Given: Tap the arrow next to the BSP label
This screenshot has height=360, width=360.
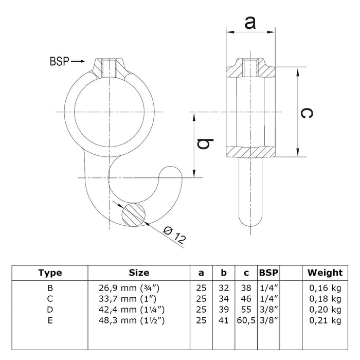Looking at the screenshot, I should tap(78, 61).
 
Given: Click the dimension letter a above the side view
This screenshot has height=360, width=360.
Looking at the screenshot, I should tap(250, 22).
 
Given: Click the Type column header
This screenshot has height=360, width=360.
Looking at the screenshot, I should tap(50, 273).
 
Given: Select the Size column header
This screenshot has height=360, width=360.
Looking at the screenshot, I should tap(139, 273).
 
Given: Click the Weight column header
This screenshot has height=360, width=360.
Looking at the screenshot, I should tap(325, 273).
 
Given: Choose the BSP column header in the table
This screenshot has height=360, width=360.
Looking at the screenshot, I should tap(269, 273).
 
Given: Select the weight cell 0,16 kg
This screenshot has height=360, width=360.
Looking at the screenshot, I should tap(325, 289).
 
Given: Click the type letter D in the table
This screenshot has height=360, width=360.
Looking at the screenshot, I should tap(50, 310).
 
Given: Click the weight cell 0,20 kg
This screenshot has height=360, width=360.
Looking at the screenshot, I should tap(325, 310).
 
